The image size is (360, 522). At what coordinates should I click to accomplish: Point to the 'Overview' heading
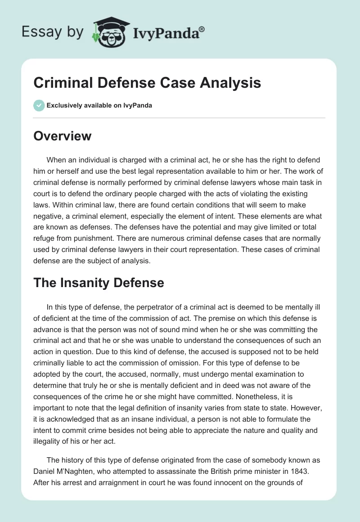62,136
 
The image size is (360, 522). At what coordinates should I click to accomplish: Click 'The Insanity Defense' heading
99,283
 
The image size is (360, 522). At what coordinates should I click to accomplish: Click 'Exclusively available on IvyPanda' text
99,105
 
